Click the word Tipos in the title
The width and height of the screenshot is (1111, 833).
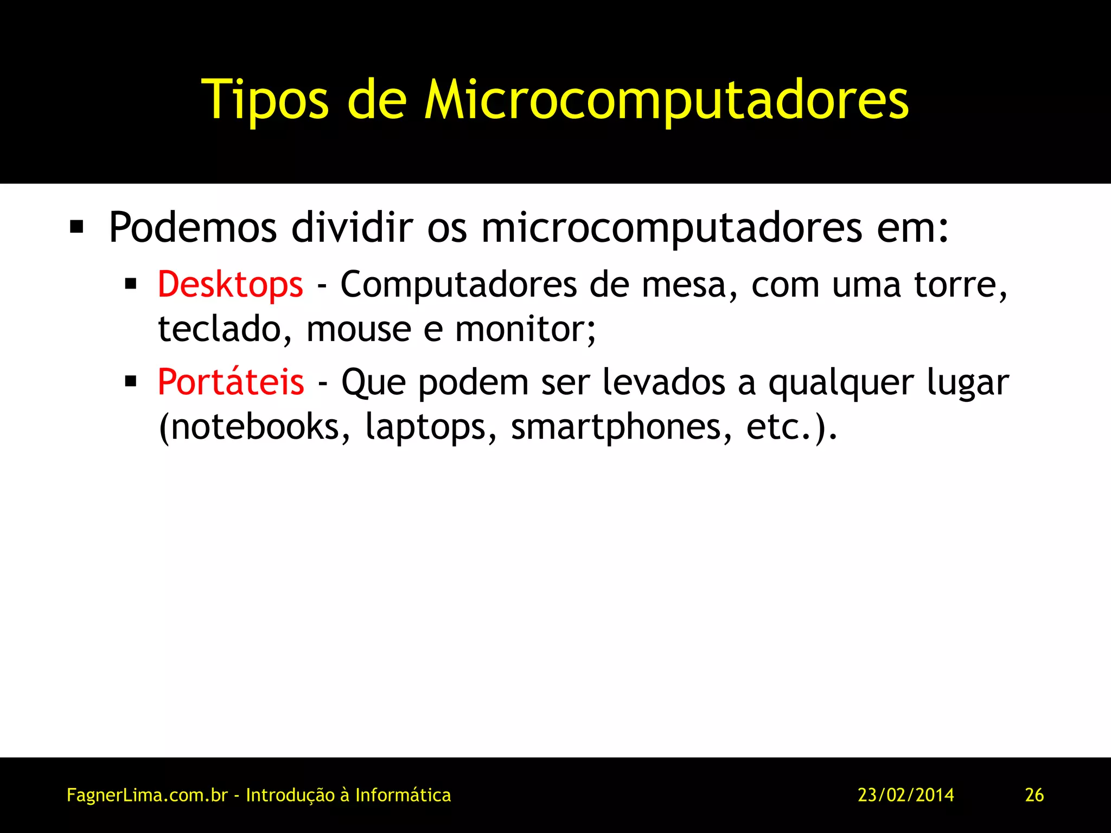point(265,100)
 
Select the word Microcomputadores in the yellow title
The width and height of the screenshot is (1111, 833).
point(666,100)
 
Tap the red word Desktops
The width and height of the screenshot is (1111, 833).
point(230,284)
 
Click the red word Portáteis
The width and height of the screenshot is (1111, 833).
point(231,382)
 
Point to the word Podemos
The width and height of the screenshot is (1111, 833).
point(193,228)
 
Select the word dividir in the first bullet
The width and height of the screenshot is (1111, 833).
point(352,228)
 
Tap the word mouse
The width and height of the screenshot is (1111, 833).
point(359,329)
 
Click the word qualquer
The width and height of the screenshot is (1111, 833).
point(841,383)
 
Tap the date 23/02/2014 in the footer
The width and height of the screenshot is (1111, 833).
point(905,795)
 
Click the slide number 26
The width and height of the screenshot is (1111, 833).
point(1034,795)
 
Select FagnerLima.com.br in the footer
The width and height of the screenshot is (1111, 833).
point(147,795)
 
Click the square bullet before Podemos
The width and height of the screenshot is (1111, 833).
point(76,227)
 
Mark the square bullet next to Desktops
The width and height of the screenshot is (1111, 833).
point(130,284)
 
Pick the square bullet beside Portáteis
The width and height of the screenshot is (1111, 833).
point(130,381)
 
